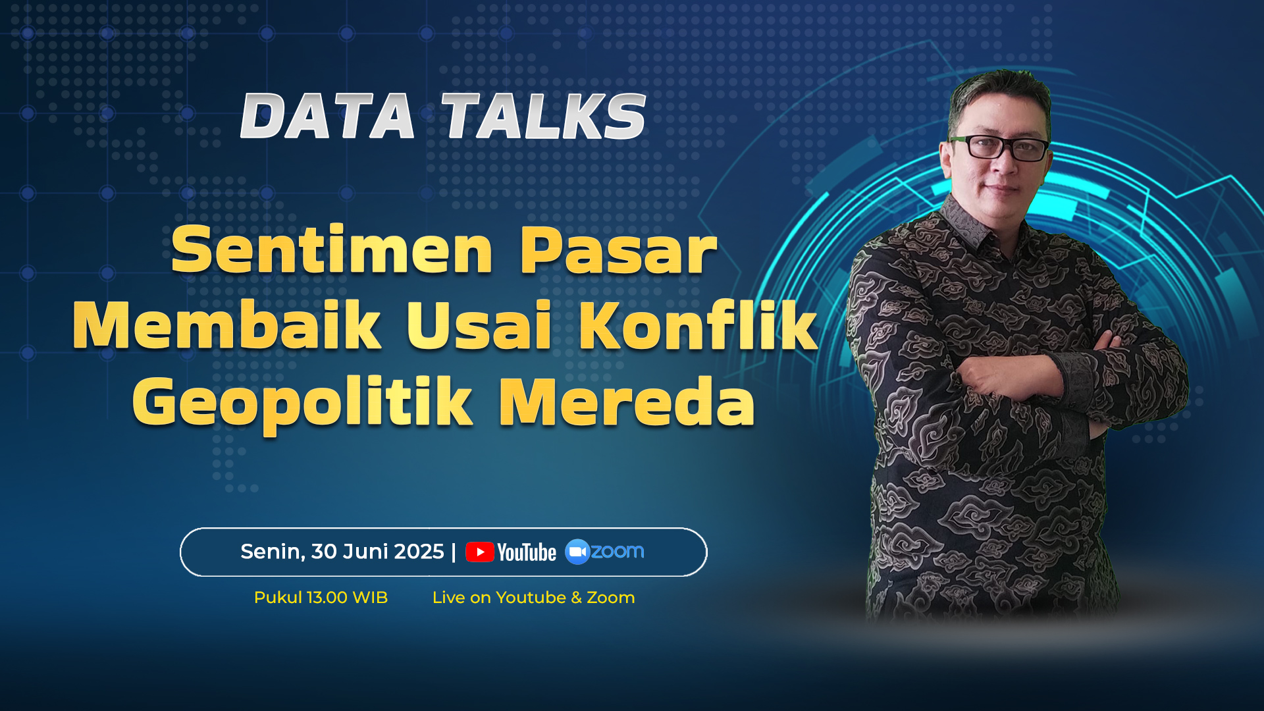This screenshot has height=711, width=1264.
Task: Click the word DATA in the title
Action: [x=327, y=116]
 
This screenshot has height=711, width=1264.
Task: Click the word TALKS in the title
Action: [x=544, y=116]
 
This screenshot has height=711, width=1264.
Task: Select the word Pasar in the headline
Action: [x=618, y=251]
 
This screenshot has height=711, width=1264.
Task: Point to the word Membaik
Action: [x=227, y=325]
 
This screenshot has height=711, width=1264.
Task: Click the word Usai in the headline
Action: [x=479, y=325]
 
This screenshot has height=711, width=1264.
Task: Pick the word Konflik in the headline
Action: [x=698, y=324]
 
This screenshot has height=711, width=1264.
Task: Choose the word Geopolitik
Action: [x=302, y=402]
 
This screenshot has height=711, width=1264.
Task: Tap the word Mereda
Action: [x=627, y=402]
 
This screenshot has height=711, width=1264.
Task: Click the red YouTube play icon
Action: [x=480, y=552]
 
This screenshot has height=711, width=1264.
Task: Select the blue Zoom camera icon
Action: [x=577, y=552]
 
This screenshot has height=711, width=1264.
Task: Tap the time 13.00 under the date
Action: [x=327, y=598]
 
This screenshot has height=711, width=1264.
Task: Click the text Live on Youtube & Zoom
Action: [x=533, y=598]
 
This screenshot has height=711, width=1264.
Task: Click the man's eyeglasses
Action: [x=999, y=147]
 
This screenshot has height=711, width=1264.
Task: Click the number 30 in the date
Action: [x=324, y=552]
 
